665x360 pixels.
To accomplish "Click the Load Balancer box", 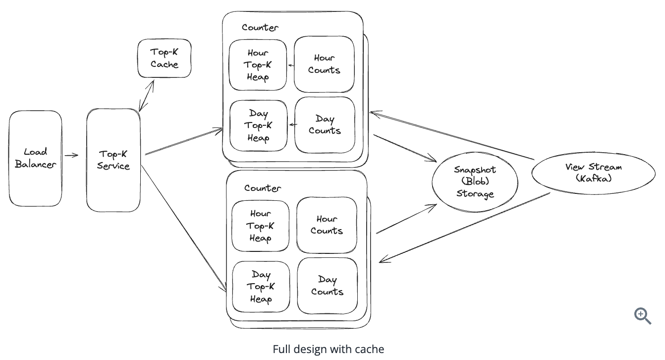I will [x=36, y=158].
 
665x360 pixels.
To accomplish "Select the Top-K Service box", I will [x=113, y=160].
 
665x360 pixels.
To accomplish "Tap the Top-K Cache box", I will [x=165, y=59].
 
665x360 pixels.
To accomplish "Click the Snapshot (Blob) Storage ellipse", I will [x=475, y=182].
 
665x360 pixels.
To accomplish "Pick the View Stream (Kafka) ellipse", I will [x=593, y=173].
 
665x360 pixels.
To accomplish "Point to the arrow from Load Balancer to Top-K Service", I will [x=72, y=155].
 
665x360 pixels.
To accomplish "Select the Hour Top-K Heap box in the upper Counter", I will [x=258, y=65].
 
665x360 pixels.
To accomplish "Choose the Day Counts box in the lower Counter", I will [x=327, y=286].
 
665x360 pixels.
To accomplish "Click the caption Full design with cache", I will [x=328, y=349].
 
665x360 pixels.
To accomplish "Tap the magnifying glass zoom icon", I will [x=642, y=316].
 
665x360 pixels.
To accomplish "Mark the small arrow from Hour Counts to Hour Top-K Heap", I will [x=291, y=64].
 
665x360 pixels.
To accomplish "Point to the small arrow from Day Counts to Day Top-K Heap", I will [x=292, y=125].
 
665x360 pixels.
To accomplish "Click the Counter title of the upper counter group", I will [x=260, y=28].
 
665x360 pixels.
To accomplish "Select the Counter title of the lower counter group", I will [x=262, y=188].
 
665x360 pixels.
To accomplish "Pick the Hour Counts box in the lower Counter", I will [x=327, y=225].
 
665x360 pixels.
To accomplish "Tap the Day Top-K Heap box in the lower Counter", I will [x=261, y=287].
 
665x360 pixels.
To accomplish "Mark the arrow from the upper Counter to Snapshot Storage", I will [x=404, y=148].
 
